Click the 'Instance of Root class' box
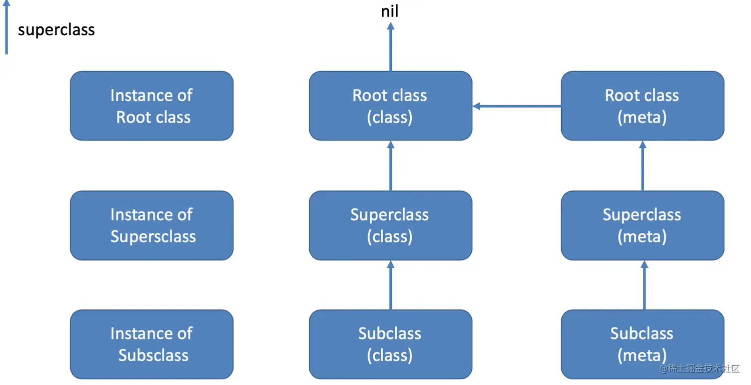point(151,106)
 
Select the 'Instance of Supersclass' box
point(151,225)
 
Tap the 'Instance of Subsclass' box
point(151,344)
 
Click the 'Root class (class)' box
point(390,106)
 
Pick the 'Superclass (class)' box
point(390,225)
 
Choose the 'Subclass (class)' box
point(390,344)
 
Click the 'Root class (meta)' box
point(642,106)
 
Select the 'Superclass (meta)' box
point(642,225)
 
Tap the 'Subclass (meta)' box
point(642,344)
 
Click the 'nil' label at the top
point(389,11)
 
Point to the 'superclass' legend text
point(56,30)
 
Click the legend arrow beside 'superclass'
point(6,27)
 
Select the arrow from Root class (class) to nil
point(390,47)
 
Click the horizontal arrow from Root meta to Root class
point(517,106)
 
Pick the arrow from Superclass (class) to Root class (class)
point(390,166)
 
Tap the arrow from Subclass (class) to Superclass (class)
point(390,285)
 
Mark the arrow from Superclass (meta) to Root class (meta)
point(642,166)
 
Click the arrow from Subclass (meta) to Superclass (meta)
point(644,285)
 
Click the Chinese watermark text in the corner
point(699,369)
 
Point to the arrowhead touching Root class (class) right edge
point(476,106)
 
